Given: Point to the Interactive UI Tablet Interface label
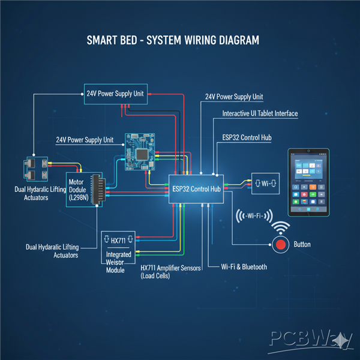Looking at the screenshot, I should tap(260, 113).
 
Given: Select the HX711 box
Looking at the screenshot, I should tap(119, 241).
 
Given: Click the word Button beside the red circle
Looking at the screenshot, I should tap(302, 245).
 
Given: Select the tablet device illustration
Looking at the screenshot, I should tap(310, 183).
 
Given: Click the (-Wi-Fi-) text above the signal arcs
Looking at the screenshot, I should tap(255, 217).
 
